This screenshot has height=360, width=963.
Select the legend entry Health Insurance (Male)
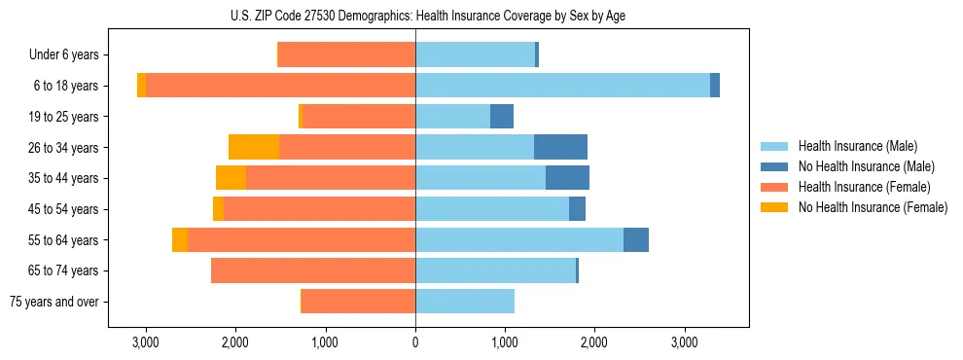pyautogui.click(x=857, y=146)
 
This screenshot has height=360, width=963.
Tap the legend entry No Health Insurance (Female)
pyautogui.click(x=872, y=207)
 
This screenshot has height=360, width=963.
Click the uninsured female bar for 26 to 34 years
pyautogui.click(x=254, y=147)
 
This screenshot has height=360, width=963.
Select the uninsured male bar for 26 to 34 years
pyautogui.click(x=560, y=147)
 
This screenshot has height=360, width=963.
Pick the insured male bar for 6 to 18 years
pyautogui.click(x=562, y=86)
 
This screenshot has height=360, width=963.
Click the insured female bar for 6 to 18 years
pyautogui.click(x=280, y=86)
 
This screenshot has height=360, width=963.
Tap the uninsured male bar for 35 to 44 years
pyautogui.click(x=567, y=178)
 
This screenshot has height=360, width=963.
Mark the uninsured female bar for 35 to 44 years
pyautogui.click(x=231, y=178)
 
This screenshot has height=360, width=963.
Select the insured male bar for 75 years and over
pyautogui.click(x=465, y=302)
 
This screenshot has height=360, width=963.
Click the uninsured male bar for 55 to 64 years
pyautogui.click(x=636, y=239)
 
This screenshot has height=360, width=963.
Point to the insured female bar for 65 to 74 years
pyautogui.click(x=313, y=270)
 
